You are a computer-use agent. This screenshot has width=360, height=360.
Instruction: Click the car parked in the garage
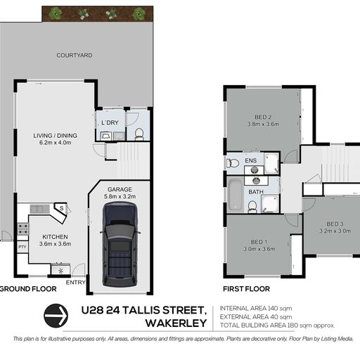120,245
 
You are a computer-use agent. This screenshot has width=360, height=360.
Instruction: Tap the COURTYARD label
75,56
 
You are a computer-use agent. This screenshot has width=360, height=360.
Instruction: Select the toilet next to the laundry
139,134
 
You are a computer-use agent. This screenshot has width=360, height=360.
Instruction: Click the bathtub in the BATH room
236,194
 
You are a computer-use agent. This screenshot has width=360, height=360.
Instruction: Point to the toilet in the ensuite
232,162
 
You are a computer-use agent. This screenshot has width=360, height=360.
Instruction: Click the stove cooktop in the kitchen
23,229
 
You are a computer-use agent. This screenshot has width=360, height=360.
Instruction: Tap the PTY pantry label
22,247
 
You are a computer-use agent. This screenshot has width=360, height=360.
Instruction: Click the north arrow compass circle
56,316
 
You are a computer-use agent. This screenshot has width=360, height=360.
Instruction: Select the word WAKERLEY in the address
176,323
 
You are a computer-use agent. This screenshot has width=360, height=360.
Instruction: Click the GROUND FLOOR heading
28,289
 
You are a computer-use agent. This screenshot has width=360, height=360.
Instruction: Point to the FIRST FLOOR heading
246,289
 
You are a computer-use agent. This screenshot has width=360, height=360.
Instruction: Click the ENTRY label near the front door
76,283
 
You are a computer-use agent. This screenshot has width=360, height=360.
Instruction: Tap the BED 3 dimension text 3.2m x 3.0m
335,231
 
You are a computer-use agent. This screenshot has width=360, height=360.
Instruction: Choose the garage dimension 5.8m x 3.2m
120,196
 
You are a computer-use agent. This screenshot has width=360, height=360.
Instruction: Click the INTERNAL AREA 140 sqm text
256,309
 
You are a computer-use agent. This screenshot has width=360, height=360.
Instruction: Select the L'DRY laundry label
110,122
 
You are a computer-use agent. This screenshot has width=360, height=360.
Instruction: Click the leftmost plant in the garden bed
55,13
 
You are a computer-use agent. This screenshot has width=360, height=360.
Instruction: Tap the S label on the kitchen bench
61,208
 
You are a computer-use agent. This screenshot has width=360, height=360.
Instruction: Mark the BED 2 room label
263,117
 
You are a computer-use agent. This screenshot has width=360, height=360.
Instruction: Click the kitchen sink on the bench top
39,209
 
